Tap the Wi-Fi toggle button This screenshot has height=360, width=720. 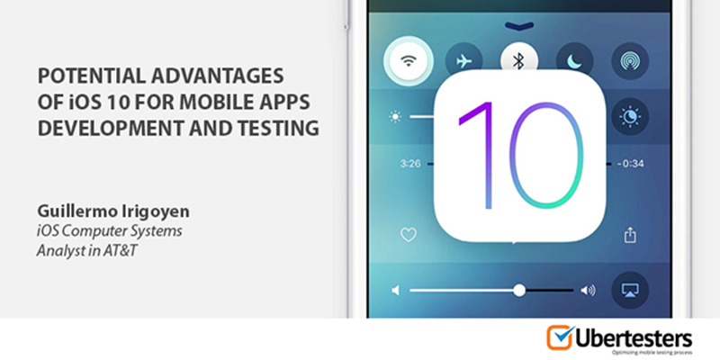pos(409,61)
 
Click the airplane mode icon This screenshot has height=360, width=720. pos(463,61)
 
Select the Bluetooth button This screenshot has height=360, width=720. pos(519,61)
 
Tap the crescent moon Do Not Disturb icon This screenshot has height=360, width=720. pos(574,61)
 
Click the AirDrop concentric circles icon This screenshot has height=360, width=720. pos(630,61)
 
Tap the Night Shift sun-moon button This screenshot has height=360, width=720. pos(630,117)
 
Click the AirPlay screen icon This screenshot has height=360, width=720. pos(630,290)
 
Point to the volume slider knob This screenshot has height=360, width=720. pos(519,290)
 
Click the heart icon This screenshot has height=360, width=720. pos(409,235)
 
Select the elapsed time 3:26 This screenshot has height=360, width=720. pos(410,164)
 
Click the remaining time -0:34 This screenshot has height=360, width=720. pos(630,164)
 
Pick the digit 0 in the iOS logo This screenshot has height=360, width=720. pos(547,155)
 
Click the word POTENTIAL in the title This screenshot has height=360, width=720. pos(85,76)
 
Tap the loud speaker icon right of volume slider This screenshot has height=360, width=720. pos(588,290)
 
